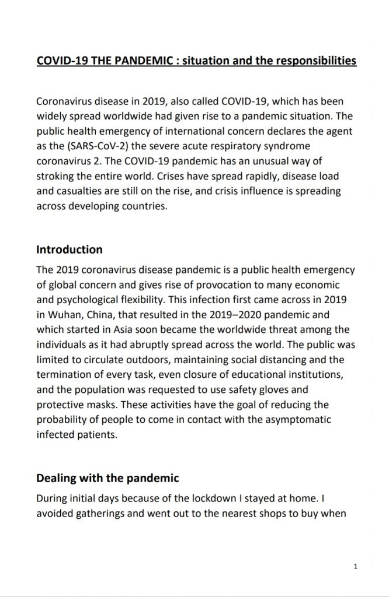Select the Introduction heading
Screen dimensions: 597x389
click(x=69, y=250)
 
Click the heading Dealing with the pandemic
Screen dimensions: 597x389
click(x=107, y=478)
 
